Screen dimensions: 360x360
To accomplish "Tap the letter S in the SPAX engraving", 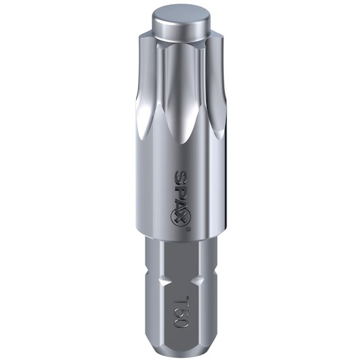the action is tap(180, 176).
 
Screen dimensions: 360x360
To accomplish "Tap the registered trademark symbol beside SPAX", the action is tap(187, 229).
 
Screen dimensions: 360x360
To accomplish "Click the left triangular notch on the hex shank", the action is tap(166, 281).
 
